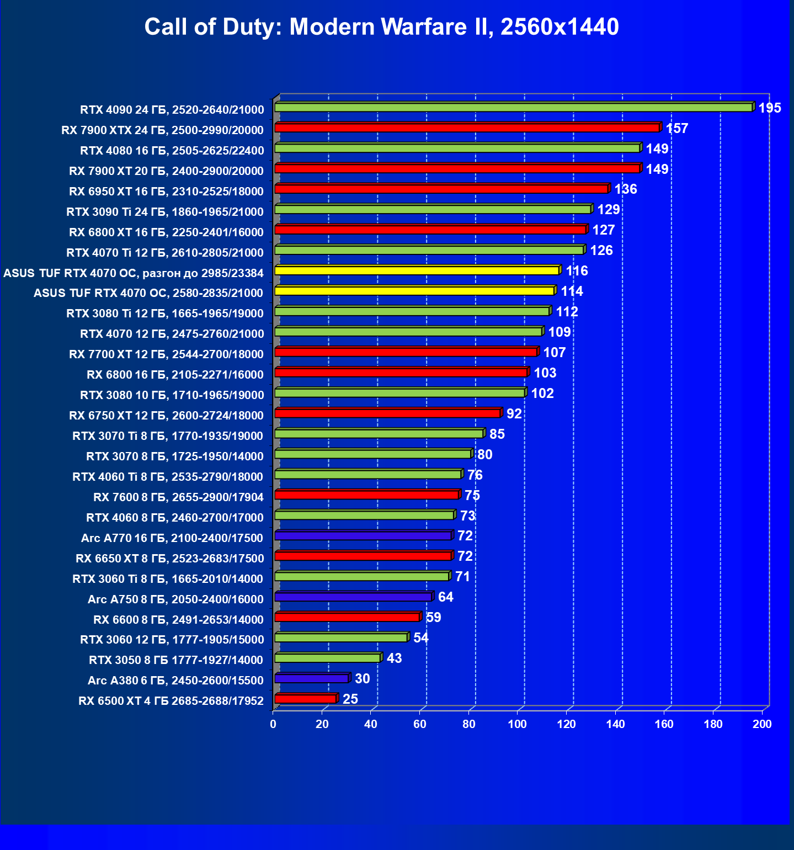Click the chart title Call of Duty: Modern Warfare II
point(381,27)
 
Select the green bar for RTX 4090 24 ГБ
point(513,108)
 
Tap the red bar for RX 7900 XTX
point(467,128)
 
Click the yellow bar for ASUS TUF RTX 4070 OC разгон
point(417,270)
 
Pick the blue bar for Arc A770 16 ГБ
point(363,536)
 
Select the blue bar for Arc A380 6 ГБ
point(311,679)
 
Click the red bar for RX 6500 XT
point(305,699)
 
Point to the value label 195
point(770,108)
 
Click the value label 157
point(677,129)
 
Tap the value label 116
point(577,271)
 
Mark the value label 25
point(350,699)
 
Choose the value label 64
point(445,597)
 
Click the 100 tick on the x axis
point(518,724)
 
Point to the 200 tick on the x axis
point(762,724)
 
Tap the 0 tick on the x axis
point(273,724)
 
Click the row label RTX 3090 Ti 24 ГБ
point(165,212)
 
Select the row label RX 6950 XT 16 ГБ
point(166,192)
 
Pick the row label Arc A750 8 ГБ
point(175,599)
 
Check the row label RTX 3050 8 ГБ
point(176,660)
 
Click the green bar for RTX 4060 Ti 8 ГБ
point(367,475)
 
